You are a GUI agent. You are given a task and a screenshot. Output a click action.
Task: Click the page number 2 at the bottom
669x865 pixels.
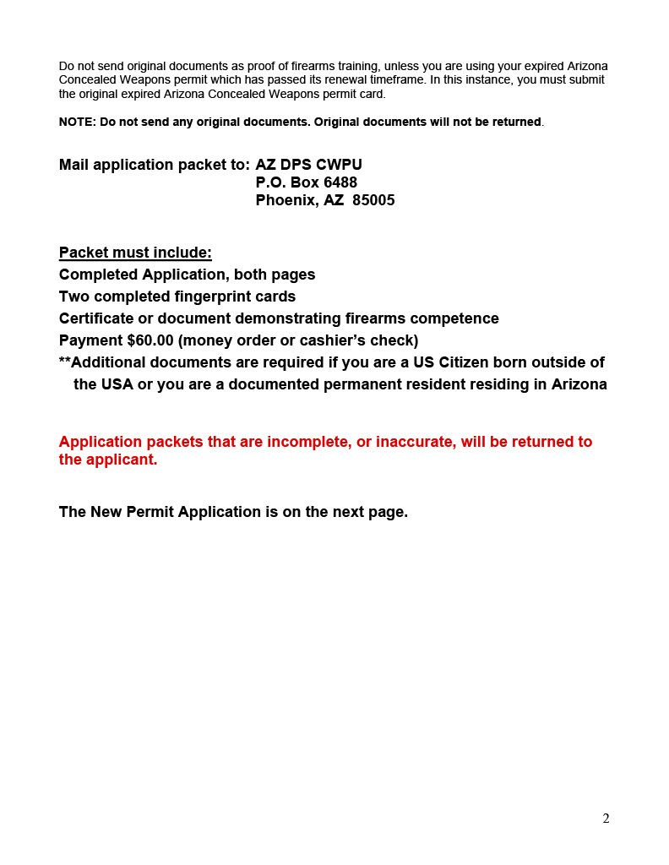click(x=606, y=819)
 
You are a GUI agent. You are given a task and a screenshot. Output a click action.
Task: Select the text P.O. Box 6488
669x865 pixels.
click(x=306, y=182)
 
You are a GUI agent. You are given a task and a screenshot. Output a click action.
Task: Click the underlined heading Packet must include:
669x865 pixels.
click(x=135, y=253)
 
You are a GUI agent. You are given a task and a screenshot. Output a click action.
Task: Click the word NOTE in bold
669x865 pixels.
click(x=77, y=122)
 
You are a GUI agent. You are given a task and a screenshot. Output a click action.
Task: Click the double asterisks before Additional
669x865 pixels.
click(x=64, y=362)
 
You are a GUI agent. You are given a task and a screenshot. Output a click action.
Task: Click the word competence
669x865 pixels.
click(x=454, y=318)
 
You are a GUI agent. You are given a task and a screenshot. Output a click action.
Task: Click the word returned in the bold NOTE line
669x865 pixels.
click(x=513, y=122)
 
